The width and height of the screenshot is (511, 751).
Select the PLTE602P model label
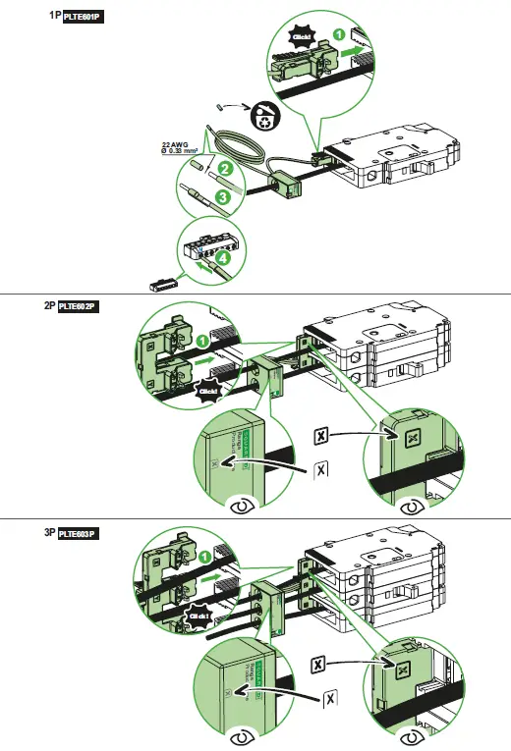[x=80, y=306]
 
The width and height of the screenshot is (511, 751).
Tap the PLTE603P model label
[x=80, y=534]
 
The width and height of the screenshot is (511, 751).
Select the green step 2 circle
[x=225, y=169]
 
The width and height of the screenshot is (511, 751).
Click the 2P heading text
[x=49, y=306]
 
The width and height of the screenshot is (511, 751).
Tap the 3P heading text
[x=49, y=534]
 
